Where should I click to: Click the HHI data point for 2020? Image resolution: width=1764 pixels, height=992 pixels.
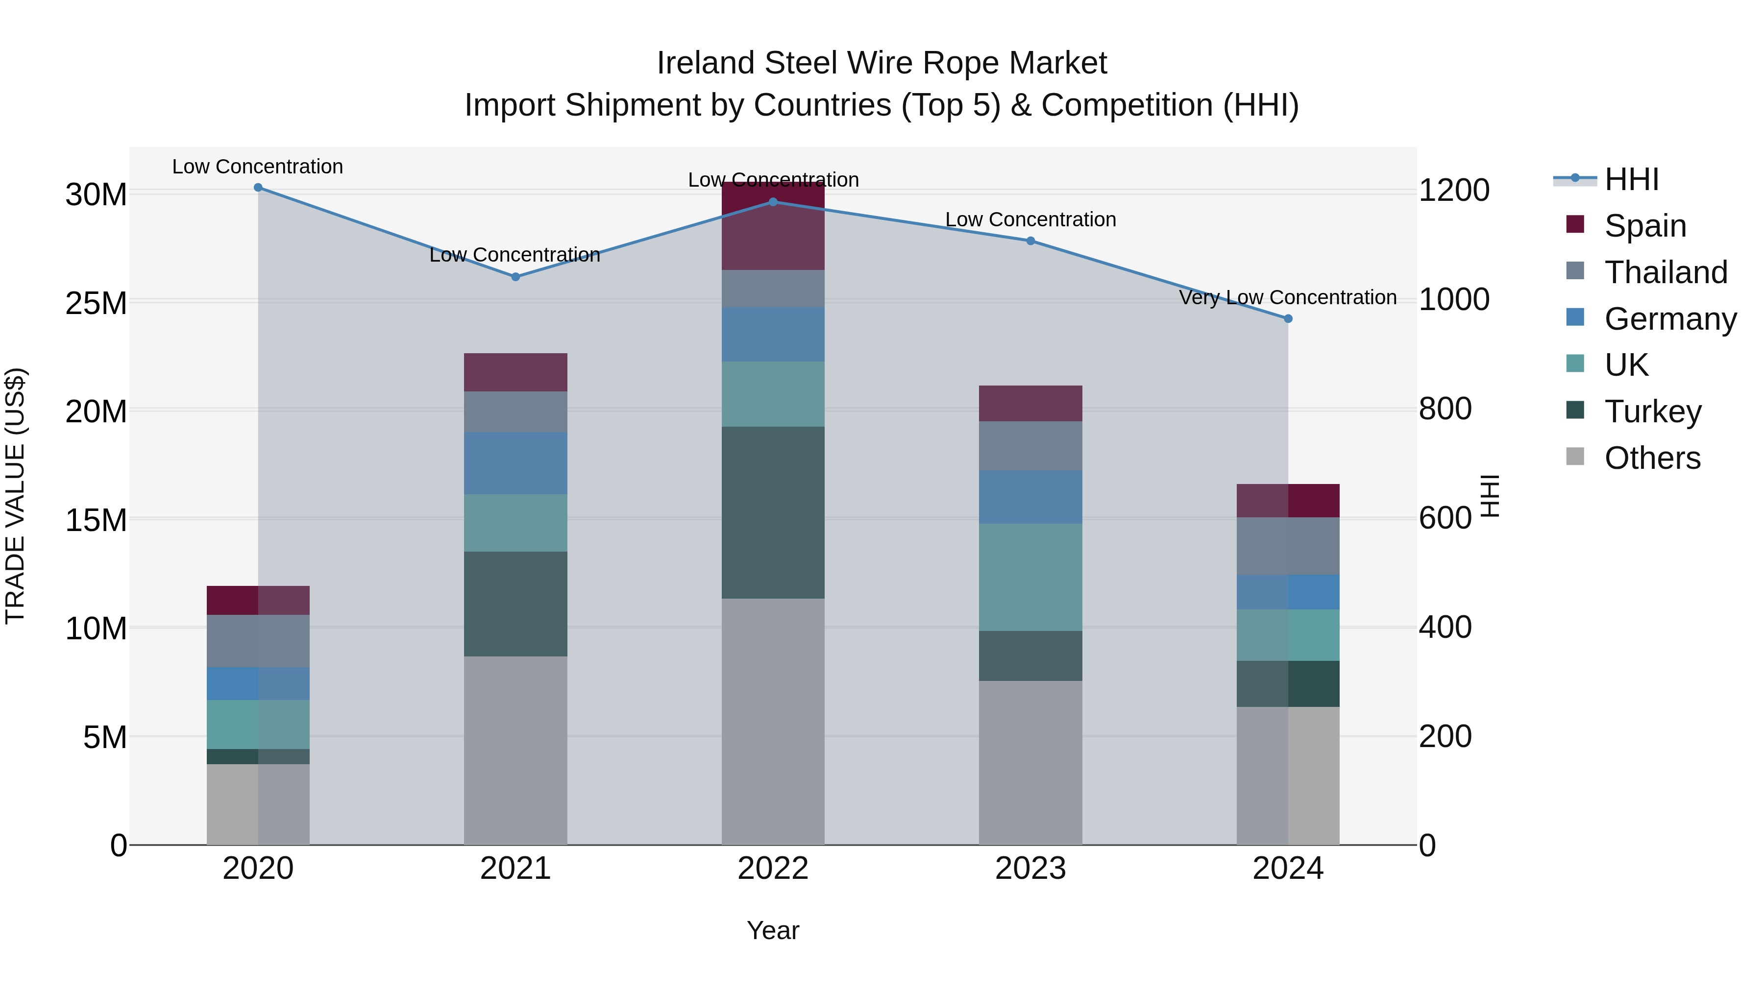pos(258,188)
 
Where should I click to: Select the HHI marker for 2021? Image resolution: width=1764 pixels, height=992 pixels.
pos(515,277)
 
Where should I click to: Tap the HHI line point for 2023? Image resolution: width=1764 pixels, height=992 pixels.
pos(1030,241)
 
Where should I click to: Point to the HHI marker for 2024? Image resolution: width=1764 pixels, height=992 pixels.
pos(1288,319)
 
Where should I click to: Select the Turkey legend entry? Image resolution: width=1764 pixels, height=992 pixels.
pos(1652,411)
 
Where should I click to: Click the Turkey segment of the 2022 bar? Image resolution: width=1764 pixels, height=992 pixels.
pos(773,513)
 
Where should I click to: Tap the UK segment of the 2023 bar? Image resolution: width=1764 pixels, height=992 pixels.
pos(1030,577)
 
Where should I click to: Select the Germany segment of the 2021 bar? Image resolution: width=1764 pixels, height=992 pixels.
pos(515,463)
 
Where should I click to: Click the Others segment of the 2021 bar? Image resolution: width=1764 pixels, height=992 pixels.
pos(515,751)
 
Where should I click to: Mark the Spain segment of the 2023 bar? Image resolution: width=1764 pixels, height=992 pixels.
pos(1030,403)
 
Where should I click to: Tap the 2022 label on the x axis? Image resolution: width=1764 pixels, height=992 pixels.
pos(773,869)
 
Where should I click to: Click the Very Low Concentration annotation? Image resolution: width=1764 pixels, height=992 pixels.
pos(1287,298)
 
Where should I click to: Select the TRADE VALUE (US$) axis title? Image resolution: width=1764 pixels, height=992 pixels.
pos(15,496)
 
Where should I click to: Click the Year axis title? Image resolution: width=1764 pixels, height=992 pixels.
pos(773,930)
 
